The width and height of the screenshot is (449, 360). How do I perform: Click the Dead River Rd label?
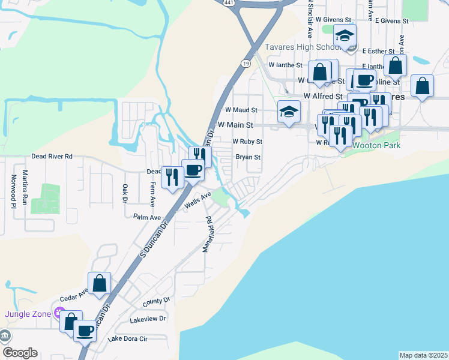pos(52,157)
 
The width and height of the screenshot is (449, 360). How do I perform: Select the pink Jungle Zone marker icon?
pos(59,312)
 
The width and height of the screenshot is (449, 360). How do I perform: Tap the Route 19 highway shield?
pos(247,62)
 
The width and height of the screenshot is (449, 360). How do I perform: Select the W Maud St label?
pos(241,110)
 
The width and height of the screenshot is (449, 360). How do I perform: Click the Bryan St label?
pos(247,157)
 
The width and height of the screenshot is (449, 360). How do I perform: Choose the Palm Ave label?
pos(148,217)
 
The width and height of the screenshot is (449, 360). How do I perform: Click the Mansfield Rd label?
pos(208,233)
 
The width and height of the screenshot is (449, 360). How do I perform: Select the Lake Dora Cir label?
pos(127,339)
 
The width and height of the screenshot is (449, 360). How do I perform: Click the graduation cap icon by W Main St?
pos(289,111)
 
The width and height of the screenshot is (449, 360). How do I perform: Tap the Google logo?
pos(20,353)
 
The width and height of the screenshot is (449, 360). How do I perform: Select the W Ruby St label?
pos(247,142)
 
